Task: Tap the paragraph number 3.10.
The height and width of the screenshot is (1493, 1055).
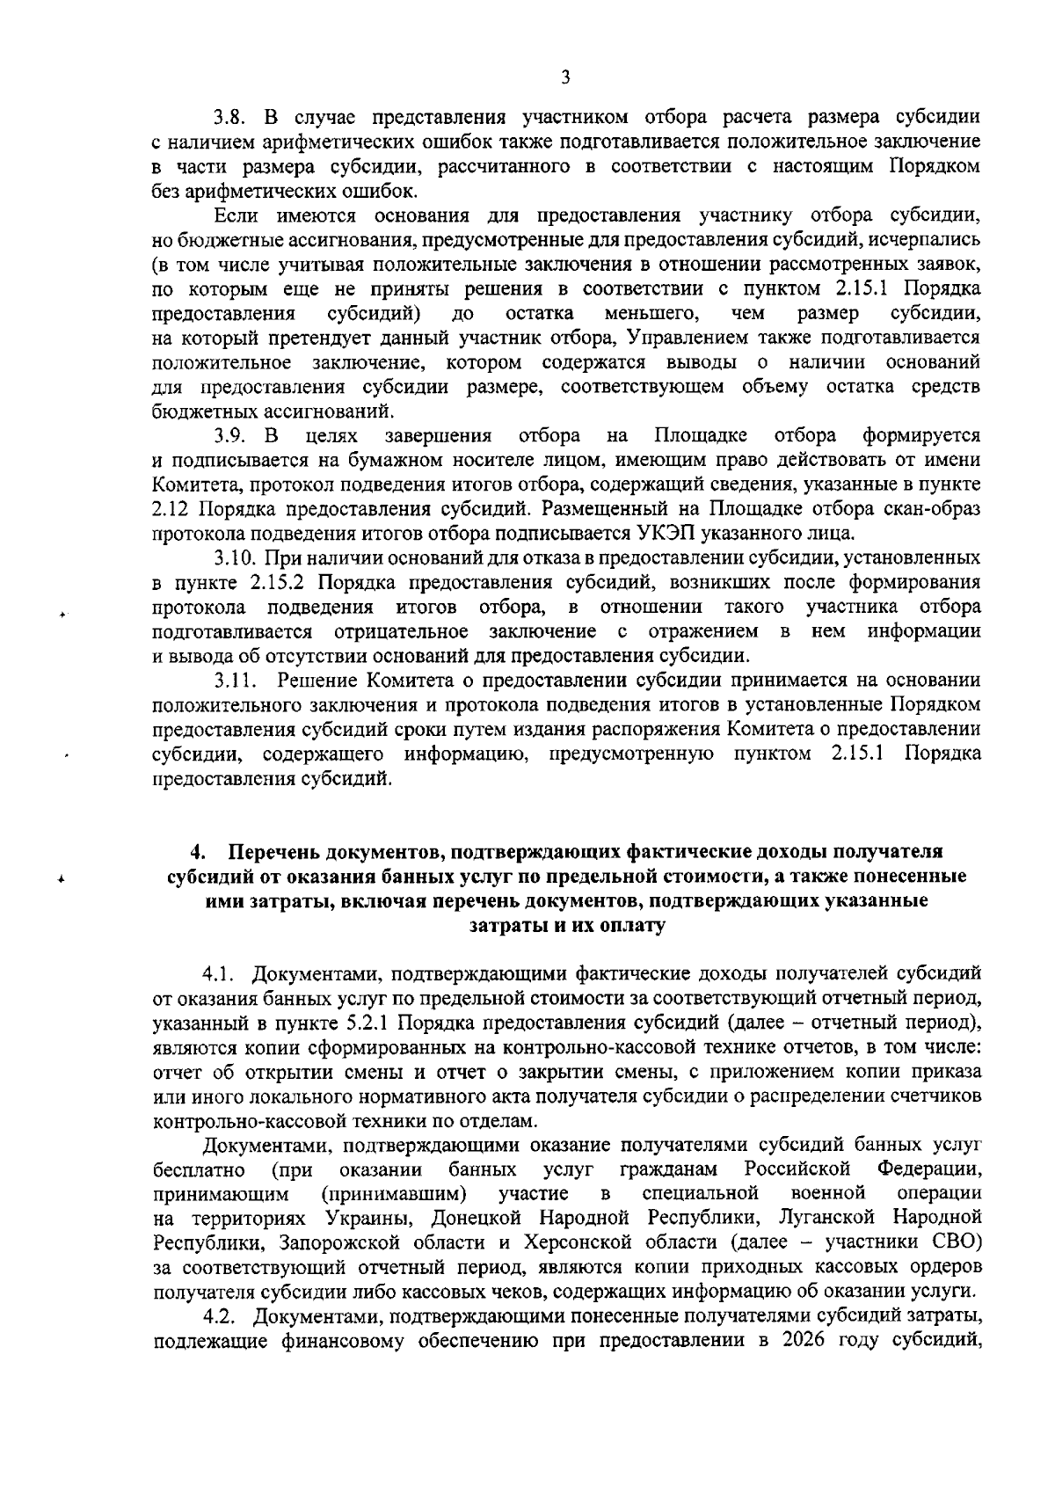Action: point(234,557)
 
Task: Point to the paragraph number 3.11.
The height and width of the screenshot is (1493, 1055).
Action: point(234,680)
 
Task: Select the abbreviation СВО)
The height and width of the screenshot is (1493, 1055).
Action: point(957,1242)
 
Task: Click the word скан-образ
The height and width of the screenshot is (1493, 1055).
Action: point(941,509)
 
